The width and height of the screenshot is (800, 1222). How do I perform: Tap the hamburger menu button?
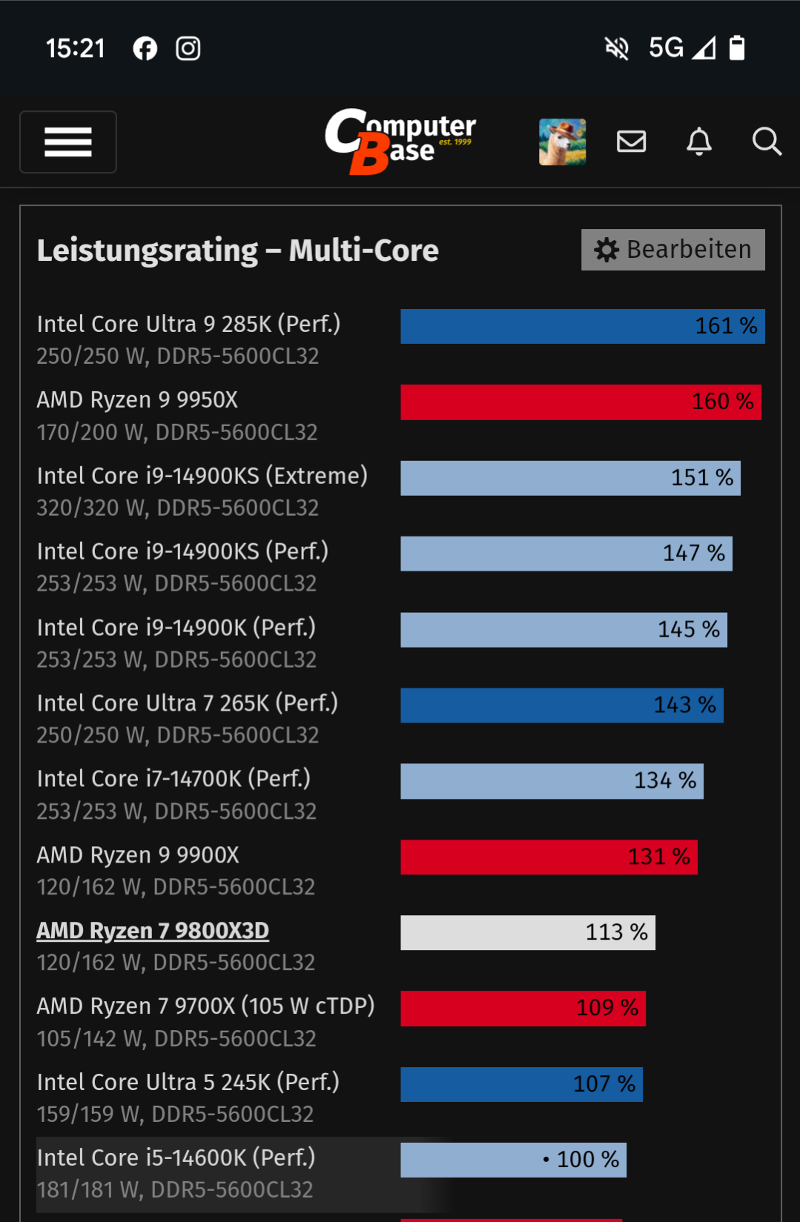(68, 142)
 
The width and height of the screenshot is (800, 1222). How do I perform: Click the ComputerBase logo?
(400, 141)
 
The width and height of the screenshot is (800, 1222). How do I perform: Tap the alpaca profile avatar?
(562, 142)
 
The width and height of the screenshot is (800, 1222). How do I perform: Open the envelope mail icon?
(631, 141)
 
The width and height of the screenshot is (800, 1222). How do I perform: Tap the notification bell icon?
(698, 141)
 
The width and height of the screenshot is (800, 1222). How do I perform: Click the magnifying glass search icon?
(767, 141)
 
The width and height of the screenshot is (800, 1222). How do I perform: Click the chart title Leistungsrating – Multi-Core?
(237, 250)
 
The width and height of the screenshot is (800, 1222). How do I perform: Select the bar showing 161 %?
(582, 326)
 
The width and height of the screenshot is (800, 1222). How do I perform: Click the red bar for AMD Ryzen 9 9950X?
(581, 402)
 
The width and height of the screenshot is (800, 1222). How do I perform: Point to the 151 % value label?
(701, 477)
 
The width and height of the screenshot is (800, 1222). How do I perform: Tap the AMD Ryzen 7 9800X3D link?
(153, 930)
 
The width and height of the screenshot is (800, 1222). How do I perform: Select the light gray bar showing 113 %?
(527, 932)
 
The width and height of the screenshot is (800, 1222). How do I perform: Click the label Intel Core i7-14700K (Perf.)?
(173, 778)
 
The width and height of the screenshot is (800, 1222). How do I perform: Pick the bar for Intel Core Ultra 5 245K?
(521, 1084)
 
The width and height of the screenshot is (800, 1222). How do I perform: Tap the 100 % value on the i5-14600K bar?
(587, 1159)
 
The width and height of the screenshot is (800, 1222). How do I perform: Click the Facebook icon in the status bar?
(145, 49)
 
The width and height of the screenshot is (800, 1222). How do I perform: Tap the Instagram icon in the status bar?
(188, 49)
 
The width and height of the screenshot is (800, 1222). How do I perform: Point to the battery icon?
(736, 48)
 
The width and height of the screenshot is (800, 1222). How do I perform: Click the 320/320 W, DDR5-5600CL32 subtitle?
(178, 508)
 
